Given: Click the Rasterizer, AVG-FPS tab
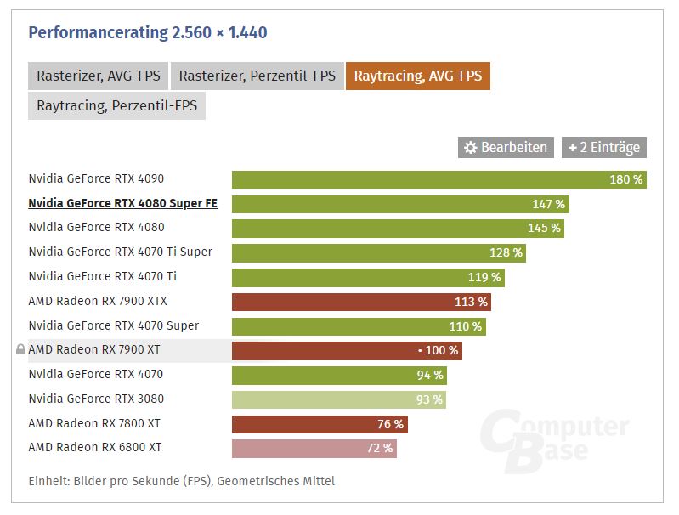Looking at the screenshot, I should (98, 76).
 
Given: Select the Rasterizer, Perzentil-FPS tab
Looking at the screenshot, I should (257, 76).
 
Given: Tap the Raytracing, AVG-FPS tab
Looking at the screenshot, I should (417, 76).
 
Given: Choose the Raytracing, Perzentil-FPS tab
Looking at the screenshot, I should (116, 106).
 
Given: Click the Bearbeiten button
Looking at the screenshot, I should (506, 147).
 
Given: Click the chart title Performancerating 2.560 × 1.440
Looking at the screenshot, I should (148, 33).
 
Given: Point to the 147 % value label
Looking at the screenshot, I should (548, 204).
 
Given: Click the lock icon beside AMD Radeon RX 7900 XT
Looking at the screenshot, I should (20, 350).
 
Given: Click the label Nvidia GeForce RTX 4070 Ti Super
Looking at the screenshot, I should (120, 252).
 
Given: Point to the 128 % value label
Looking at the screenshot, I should (506, 252).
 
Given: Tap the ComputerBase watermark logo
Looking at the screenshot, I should (553, 436).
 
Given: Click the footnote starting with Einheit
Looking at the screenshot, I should (181, 481).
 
